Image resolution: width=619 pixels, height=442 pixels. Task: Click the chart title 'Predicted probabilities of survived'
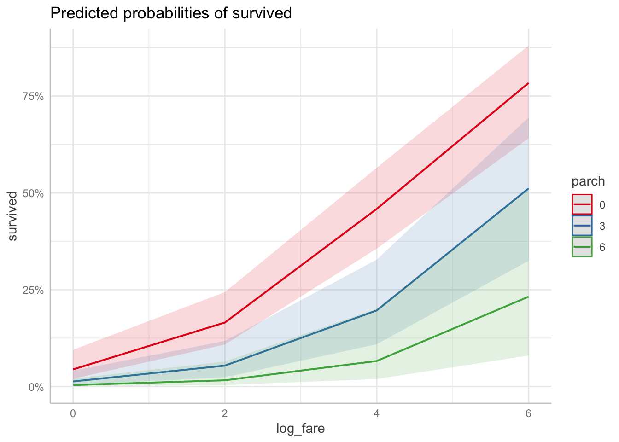coord(171,13)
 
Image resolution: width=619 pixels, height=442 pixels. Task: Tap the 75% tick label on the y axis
coord(33,96)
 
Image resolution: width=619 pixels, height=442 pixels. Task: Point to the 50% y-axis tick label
coord(33,193)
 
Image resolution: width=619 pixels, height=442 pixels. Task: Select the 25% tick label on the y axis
coord(33,290)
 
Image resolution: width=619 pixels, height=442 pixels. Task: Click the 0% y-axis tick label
coord(35,387)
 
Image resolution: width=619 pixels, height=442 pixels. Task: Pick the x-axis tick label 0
coord(73,413)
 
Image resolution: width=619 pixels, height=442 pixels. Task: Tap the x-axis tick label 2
coord(225,413)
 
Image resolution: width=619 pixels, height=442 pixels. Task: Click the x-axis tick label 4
coord(377,413)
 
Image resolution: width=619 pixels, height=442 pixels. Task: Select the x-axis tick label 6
coord(528,413)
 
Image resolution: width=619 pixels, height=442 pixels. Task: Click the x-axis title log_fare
coord(300,429)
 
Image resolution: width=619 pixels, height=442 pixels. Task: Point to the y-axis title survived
coord(13,216)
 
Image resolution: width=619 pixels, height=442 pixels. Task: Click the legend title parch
coord(588,181)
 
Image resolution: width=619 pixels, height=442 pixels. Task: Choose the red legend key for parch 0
coord(582,204)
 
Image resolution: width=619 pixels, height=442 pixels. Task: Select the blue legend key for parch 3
coord(582,226)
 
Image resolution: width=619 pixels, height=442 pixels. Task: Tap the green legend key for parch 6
coord(582,247)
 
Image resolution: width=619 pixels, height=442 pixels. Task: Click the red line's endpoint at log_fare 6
coord(528,83)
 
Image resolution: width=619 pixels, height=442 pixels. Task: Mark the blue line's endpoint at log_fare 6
coord(528,189)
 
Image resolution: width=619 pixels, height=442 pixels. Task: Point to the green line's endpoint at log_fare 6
coord(528,297)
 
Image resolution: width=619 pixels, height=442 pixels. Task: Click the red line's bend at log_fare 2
coord(225,322)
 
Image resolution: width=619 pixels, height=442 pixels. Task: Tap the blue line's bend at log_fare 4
coord(377,310)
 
